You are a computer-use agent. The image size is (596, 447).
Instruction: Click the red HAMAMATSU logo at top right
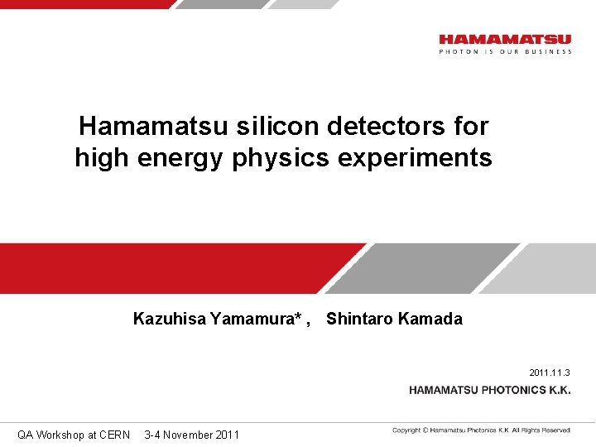click(505, 39)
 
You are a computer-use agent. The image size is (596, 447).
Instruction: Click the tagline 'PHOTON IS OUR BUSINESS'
click(505, 51)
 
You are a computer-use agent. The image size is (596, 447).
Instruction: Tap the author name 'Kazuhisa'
click(170, 319)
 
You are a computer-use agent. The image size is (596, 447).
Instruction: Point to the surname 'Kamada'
click(431, 319)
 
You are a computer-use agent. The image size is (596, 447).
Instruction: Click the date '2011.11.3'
click(550, 372)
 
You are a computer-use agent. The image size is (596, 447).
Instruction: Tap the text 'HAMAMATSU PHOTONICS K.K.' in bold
click(489, 390)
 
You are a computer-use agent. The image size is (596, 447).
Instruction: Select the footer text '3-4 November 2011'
click(191, 435)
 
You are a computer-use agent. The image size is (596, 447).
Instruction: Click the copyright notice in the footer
click(482, 430)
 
